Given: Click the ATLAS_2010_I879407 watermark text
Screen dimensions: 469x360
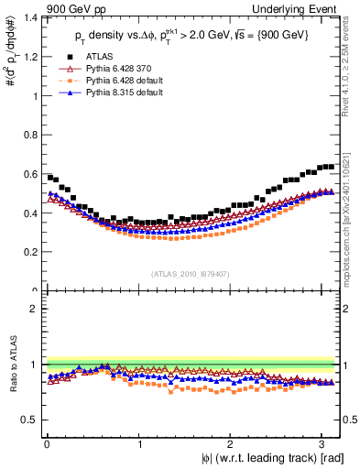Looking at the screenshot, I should click(191, 273).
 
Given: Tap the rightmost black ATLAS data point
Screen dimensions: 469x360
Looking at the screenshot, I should click(331, 167).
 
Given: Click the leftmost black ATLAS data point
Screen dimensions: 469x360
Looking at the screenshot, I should click(49, 177).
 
